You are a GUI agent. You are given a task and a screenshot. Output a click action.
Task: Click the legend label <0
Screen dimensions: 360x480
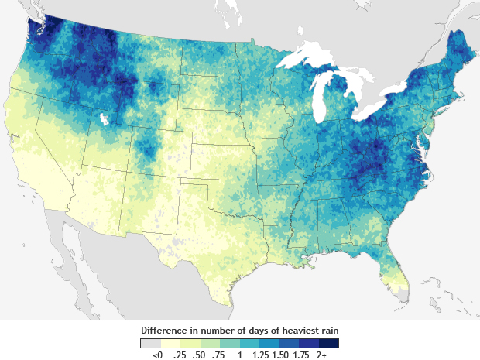[x=157, y=354]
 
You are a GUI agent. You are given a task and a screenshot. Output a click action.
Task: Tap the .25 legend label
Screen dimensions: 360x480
[x=180, y=354]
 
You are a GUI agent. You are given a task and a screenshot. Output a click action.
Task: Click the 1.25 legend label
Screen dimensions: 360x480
[x=260, y=354]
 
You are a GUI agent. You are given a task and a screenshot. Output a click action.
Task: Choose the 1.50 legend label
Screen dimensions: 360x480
[x=280, y=354]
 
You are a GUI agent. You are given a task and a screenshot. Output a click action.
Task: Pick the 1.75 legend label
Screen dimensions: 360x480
[x=300, y=354]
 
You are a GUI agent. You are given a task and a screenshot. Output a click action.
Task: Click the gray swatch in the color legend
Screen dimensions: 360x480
[x=150, y=342]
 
